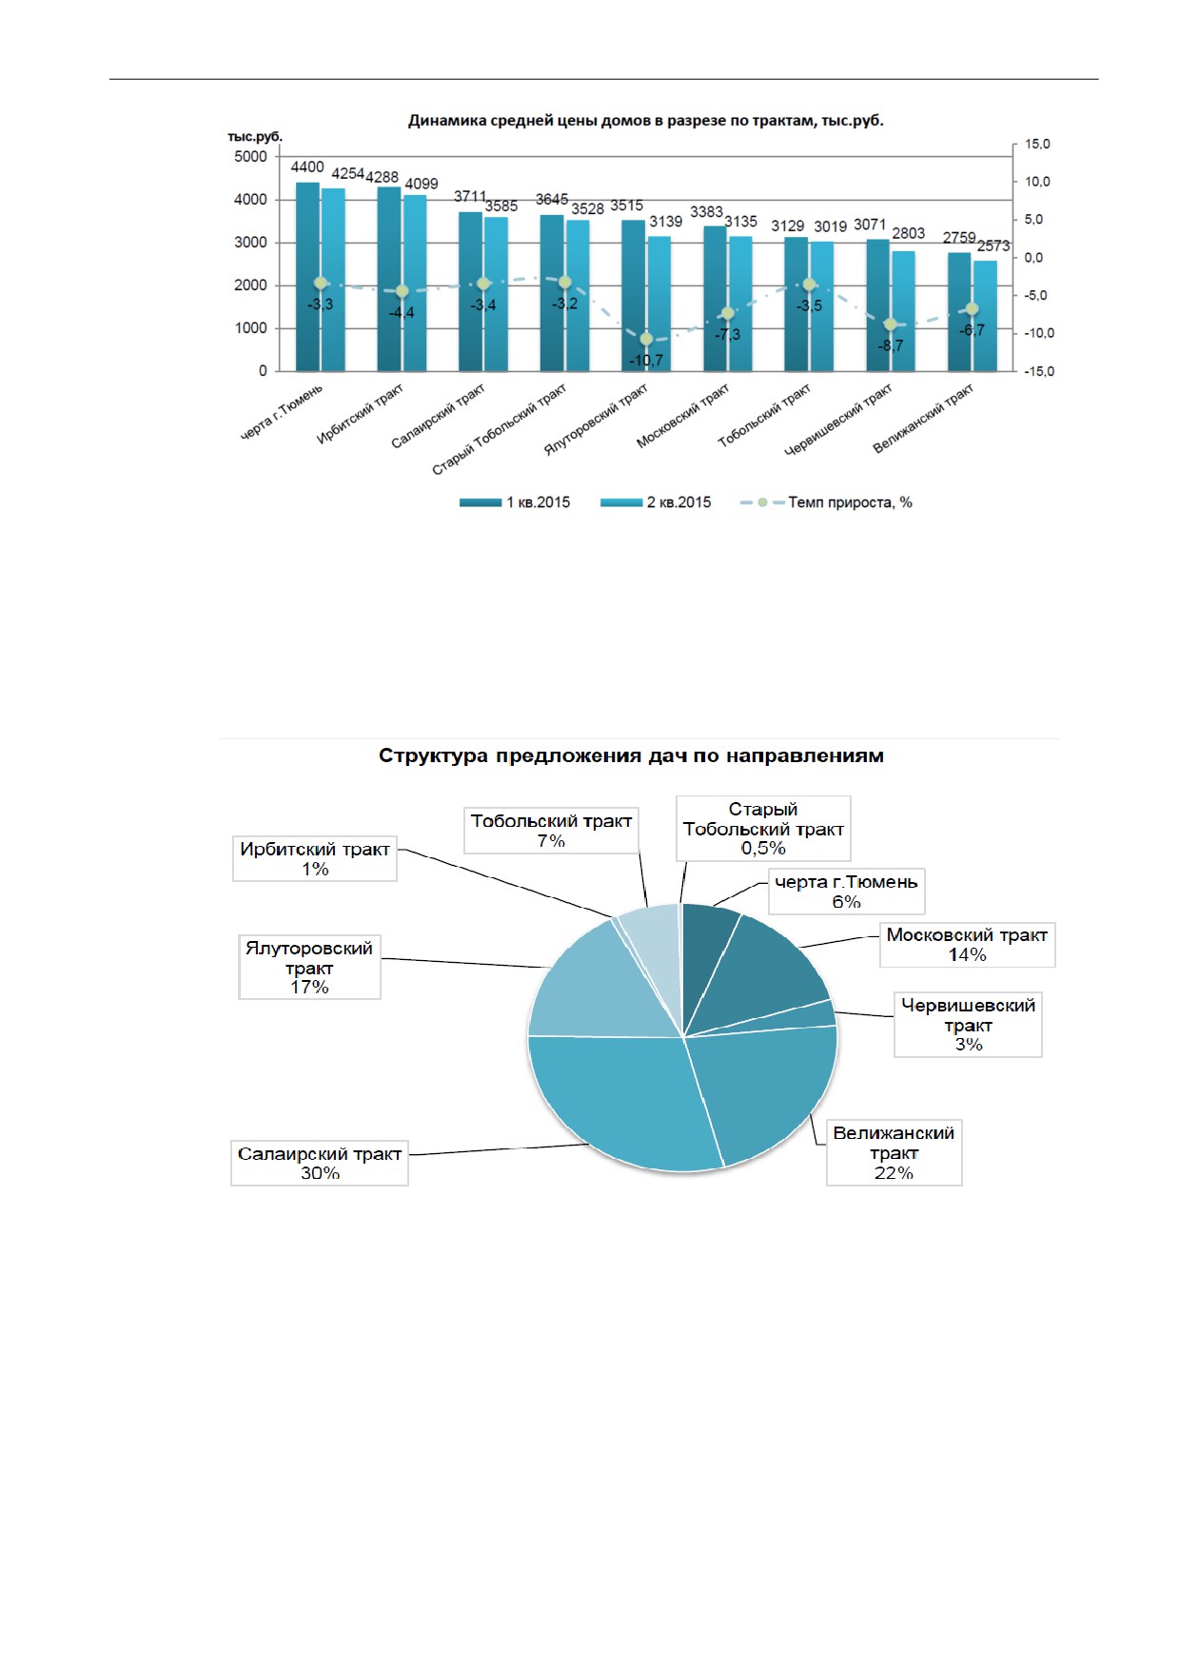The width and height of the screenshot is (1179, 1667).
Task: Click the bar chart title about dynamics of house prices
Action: pos(646,121)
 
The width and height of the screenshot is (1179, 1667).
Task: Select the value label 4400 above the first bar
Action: pos(307,167)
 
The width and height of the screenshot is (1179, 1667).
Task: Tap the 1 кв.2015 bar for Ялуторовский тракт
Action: pos(633,295)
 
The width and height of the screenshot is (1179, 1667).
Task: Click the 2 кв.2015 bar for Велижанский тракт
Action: pos(985,316)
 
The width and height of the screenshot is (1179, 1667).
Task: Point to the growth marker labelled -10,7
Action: pos(646,339)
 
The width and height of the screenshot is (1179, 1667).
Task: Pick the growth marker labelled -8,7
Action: pos(891,324)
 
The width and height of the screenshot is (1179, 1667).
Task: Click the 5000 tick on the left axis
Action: pos(250,157)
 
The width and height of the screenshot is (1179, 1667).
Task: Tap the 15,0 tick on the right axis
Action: pos(1037,144)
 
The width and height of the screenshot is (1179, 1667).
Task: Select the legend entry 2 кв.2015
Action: pos(656,502)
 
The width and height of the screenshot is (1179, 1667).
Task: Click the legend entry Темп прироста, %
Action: pos(826,502)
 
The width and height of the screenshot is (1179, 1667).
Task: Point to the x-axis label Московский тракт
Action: pos(683,415)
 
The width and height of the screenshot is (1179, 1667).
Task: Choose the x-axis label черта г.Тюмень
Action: pos(282,411)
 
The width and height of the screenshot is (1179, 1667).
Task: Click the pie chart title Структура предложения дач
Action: pos(631,755)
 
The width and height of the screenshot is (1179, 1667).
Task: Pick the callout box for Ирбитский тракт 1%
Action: pos(315,858)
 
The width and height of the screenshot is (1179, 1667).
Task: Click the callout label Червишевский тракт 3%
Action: pos(968,1025)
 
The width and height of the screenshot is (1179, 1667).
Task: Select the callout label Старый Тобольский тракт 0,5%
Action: pos(763,829)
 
